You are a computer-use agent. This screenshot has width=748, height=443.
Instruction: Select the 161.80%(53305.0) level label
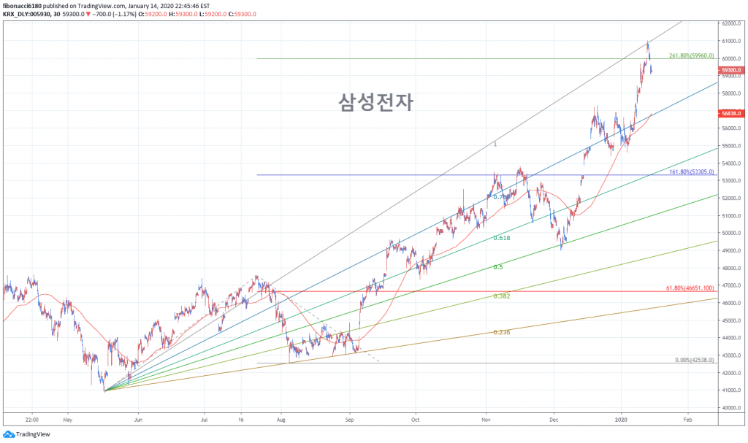tap(691, 172)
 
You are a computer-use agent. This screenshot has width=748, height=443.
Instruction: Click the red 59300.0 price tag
tap(730, 70)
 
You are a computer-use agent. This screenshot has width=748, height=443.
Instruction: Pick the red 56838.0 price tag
tap(730, 114)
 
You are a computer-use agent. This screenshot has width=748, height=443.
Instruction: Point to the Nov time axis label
tap(486, 420)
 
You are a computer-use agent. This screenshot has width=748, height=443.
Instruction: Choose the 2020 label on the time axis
tap(621, 420)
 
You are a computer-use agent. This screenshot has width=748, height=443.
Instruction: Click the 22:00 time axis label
tap(31, 420)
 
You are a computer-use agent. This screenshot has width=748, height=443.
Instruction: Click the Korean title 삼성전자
tap(375, 102)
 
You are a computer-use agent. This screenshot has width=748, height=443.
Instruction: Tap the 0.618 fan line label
tap(501, 239)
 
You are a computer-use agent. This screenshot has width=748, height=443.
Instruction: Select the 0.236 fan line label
tap(501, 332)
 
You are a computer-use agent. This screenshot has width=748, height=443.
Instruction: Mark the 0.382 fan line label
tap(501, 296)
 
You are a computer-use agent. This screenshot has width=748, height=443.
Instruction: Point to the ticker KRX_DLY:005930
tap(31, 13)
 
